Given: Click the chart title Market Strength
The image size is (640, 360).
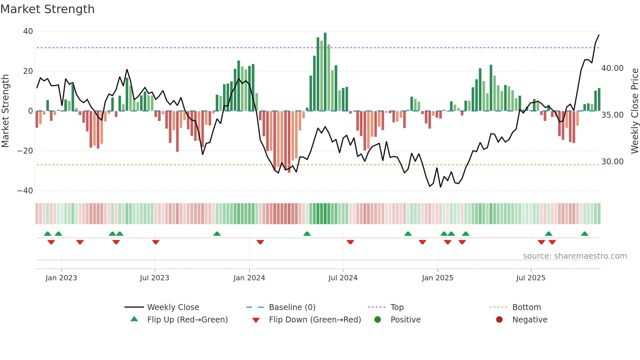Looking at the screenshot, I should coord(48,9).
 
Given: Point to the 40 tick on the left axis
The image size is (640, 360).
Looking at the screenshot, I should coord(28,31).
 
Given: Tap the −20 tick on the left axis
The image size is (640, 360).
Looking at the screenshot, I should coord(25,151).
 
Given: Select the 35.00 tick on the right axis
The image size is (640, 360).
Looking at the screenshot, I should coord(612,115).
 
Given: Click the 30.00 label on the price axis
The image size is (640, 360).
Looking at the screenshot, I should coord(612,162).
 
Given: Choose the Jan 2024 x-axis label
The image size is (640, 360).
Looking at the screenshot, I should coord(249,278).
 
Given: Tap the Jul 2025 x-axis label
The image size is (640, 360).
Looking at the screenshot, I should coord(531,278).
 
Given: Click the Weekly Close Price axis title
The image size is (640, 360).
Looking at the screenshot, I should coord(634,111).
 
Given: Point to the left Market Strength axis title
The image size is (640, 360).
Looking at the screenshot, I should coord(6,111).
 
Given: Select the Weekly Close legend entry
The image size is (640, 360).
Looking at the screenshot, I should coord(173,307).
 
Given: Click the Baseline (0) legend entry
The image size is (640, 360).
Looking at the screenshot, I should coord(292,307).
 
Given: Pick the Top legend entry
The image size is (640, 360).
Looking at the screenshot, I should coord(397,307).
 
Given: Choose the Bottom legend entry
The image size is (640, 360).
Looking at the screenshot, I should coord(526,307).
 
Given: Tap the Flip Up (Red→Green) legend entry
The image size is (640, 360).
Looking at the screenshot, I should coord(187,320).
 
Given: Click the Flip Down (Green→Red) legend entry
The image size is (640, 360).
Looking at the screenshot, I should coord(315,320).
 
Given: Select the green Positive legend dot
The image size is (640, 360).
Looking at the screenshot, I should coord(378,320).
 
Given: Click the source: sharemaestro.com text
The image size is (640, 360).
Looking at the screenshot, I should coord(575,256).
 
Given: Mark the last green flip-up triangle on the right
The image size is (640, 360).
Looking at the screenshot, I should coord(584,234).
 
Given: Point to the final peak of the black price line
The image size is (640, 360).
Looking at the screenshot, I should coord(599,35).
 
